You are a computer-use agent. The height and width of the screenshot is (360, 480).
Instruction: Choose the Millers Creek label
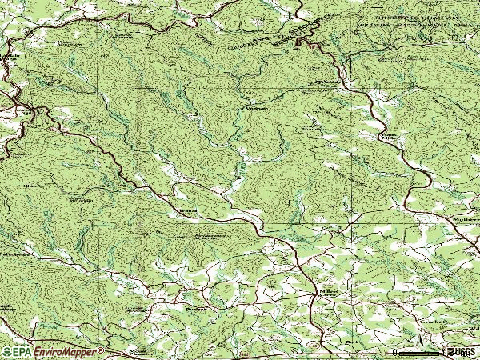pyautogui.click(x=330, y=292)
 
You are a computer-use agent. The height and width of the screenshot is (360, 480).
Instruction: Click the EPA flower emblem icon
pyautogui.click(x=7, y=351)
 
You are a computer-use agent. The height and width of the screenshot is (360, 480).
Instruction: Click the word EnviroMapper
pyautogui.click(x=67, y=351)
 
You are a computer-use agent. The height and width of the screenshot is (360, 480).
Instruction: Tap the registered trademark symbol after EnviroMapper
pyautogui.click(x=101, y=350)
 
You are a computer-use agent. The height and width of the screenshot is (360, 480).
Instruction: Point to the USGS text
pyautogui.click(x=463, y=352)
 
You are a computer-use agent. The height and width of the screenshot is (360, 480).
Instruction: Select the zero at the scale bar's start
pyautogui.click(x=395, y=352)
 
